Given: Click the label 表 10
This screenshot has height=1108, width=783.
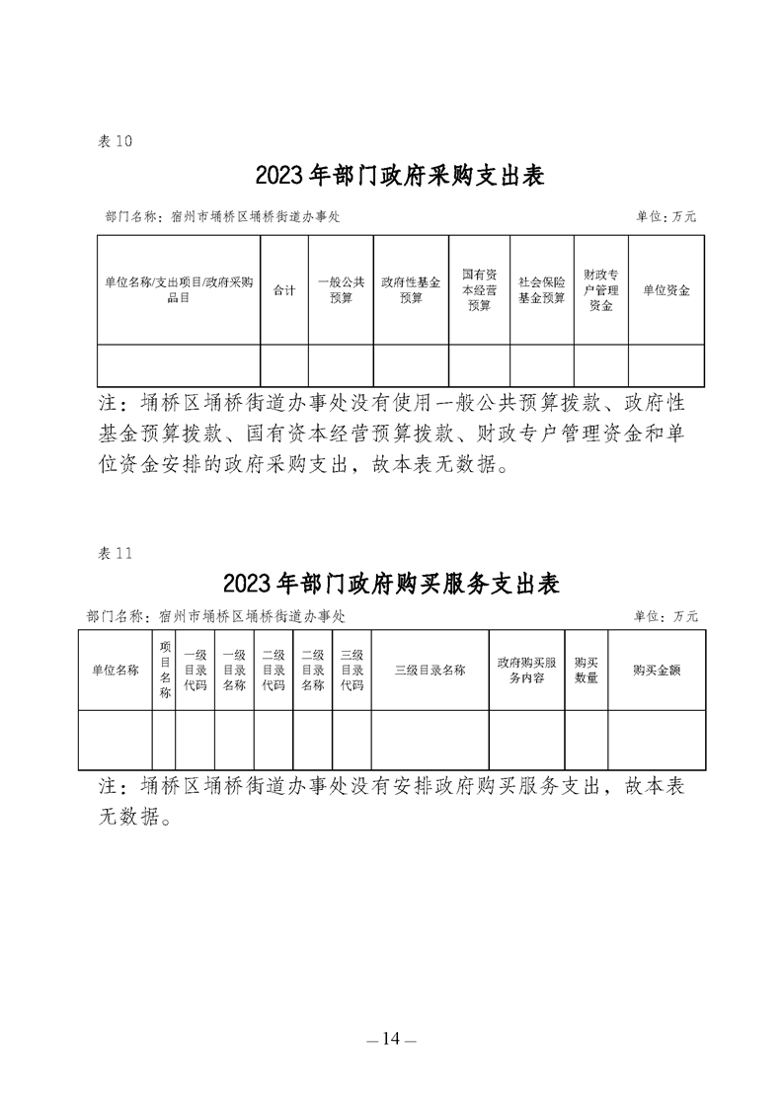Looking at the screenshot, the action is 115,141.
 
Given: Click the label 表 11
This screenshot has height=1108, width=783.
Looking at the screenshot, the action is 115,553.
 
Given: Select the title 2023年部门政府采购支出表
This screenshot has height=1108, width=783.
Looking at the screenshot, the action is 400,176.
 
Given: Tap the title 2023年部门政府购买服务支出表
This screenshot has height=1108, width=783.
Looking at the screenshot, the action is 391,583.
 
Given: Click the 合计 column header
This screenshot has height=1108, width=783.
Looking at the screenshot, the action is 284,290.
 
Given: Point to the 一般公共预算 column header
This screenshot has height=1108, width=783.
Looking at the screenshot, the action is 341,290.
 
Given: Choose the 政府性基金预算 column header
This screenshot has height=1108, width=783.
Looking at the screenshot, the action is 411,290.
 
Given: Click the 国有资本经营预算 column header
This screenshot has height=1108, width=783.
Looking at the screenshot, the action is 479,290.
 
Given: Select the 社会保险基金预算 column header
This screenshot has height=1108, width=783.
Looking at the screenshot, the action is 541,290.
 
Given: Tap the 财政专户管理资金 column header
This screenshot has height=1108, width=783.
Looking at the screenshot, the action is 600,290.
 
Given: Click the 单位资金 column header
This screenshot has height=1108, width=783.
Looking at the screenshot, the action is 666,290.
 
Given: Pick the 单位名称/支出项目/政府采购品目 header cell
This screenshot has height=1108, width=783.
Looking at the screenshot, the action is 179,290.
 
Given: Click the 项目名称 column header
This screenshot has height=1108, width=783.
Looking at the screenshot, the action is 165,670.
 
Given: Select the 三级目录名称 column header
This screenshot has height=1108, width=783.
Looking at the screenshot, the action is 430,670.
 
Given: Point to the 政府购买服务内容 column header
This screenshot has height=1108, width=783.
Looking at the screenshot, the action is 526,670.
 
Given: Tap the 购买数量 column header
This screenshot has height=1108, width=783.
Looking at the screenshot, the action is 586,670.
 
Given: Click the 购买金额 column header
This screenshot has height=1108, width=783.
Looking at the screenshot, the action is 657,670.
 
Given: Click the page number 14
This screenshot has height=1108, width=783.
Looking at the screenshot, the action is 391,1038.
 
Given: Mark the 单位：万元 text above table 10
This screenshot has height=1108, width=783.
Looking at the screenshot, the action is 666,217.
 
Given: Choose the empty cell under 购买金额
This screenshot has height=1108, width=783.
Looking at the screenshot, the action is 657,740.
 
